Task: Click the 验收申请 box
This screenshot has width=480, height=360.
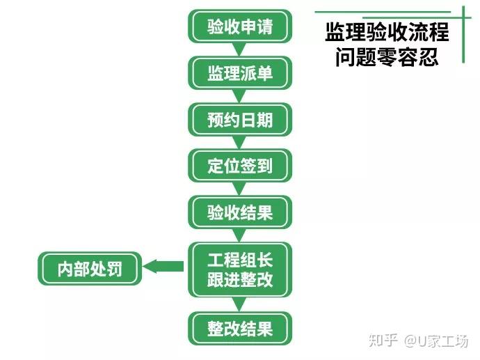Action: pyautogui.click(x=240, y=26)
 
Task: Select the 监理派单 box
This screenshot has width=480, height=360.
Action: pyautogui.click(x=240, y=73)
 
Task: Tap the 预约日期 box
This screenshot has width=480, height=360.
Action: pyautogui.click(x=240, y=120)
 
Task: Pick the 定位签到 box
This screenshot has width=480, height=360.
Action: pyautogui.click(x=240, y=166)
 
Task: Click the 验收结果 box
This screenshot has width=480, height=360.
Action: pyautogui.click(x=240, y=212)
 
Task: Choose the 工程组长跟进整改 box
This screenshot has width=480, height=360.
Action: pyautogui.click(x=240, y=269)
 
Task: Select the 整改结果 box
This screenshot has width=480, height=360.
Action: pyautogui.click(x=240, y=328)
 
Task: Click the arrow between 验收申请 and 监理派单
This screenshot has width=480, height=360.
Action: pyautogui.click(x=240, y=49)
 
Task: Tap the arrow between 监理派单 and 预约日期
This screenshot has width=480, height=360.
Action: pyautogui.click(x=240, y=96)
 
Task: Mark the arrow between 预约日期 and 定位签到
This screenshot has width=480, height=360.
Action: pyautogui.click(x=240, y=143)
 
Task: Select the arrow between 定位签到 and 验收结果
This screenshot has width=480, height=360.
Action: pyautogui.click(x=240, y=189)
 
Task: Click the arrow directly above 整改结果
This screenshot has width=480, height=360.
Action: pyautogui.click(x=240, y=304)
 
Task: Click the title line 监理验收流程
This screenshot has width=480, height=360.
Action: pyautogui.click(x=387, y=31)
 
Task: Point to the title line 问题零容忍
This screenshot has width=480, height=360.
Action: pyautogui.click(x=387, y=56)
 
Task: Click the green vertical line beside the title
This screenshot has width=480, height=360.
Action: pyautogui.click(x=463, y=35)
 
